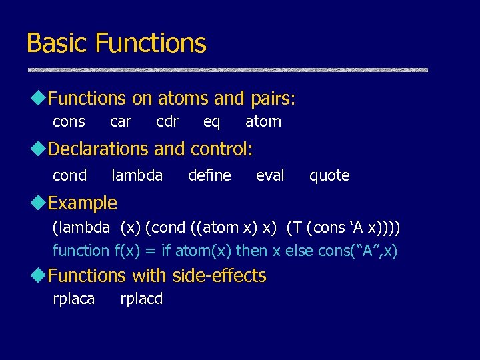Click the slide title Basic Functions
[116, 43]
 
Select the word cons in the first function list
[69, 122]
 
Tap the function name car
[121, 122]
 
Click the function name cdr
[167, 122]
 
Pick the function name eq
[211, 122]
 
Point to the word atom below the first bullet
[263, 122]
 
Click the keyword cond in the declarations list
[69, 175]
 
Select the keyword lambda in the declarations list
[137, 175]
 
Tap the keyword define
[209, 175]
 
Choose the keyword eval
[270, 175]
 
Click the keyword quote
[329, 175]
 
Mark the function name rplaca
[73, 299]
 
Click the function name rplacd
[141, 299]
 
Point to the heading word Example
[83, 203]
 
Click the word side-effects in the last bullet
[219, 275]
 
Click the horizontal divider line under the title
[227, 69]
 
